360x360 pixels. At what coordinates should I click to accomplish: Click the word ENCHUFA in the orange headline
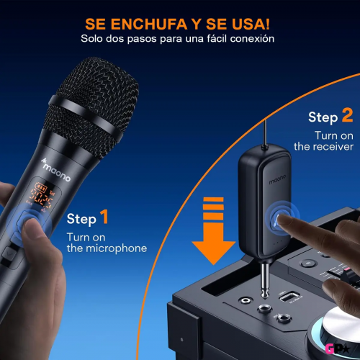point(149,24)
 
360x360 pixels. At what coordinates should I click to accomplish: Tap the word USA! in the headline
point(251,24)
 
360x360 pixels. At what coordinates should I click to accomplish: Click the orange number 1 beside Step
point(104,217)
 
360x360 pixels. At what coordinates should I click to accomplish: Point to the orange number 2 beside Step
point(347,115)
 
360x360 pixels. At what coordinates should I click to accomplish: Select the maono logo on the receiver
point(277,179)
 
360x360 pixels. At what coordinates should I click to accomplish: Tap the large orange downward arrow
point(213,230)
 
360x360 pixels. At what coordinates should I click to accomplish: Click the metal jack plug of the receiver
point(265,280)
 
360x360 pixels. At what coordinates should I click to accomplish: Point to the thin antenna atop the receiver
point(265,132)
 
